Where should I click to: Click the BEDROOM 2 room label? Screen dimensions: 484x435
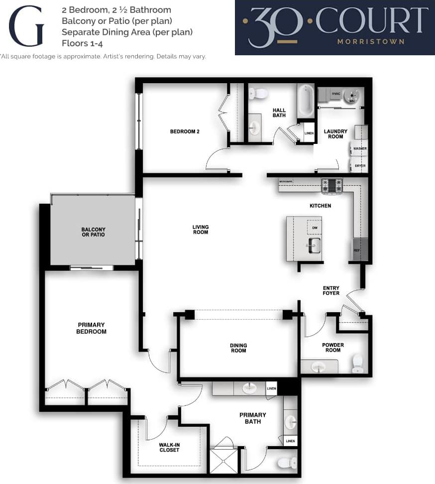[185, 131]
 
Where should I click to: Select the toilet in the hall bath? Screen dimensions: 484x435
[258, 93]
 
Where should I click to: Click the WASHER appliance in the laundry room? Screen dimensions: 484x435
[359, 148]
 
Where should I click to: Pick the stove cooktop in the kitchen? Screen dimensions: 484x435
[332, 185]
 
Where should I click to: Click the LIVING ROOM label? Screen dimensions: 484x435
[201, 230]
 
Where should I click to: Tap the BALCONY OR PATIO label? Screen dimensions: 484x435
[94, 232]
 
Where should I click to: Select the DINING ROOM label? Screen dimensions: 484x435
[238, 348]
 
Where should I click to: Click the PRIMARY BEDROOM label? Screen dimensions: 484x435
[92, 328]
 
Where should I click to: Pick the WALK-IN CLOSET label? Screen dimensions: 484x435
[169, 447]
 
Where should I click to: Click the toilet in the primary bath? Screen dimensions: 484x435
[287, 463]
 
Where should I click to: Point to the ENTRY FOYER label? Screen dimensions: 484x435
[331, 290]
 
